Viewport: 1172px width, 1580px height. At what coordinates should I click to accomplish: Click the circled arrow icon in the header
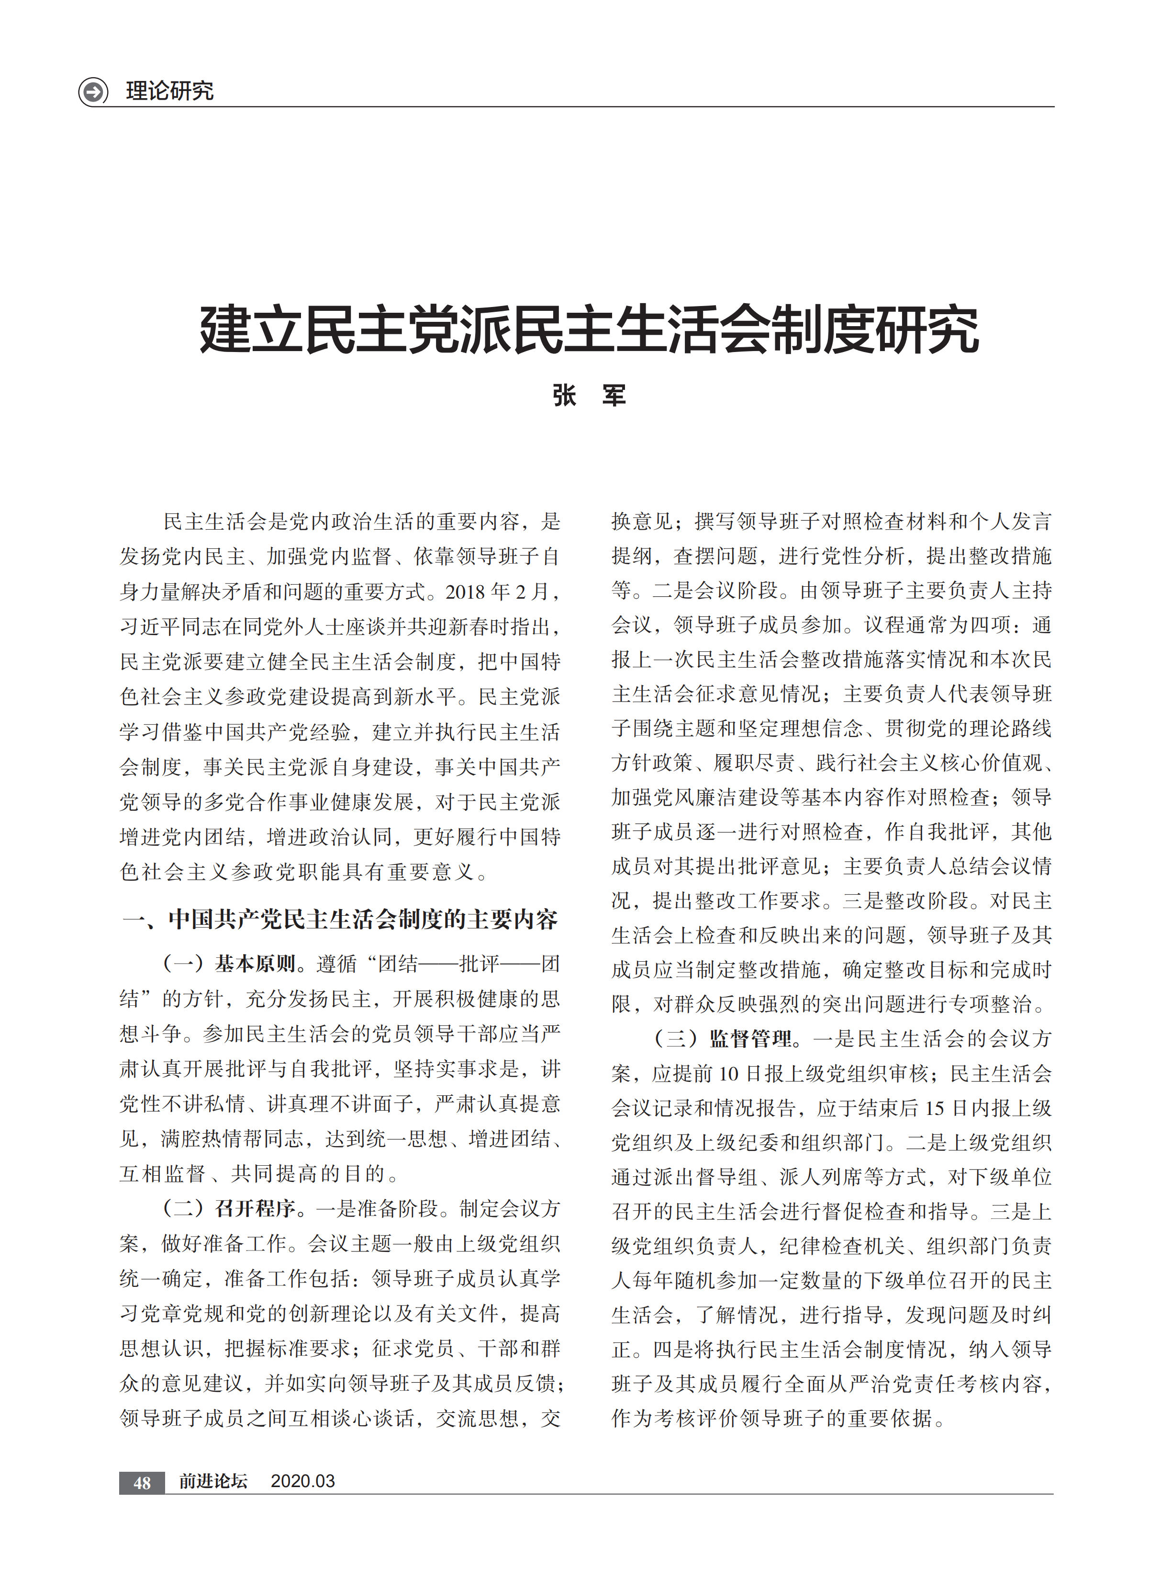pos(93,91)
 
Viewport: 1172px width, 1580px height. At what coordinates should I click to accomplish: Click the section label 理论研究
pos(169,91)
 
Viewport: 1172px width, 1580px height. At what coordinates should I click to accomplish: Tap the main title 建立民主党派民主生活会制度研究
pos(588,330)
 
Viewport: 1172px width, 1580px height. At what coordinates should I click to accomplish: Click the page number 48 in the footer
pos(142,1482)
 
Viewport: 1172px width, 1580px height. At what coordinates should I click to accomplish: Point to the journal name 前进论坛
pos(213,1481)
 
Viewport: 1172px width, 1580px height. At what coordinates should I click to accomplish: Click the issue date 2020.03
pos(303,1481)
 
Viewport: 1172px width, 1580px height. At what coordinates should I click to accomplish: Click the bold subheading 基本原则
pos(256,964)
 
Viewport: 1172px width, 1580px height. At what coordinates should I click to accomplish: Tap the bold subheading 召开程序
pos(256,1208)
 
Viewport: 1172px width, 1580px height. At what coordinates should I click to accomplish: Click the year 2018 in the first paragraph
pos(465,592)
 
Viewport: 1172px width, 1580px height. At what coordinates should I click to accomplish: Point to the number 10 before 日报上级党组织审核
pos(728,1074)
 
